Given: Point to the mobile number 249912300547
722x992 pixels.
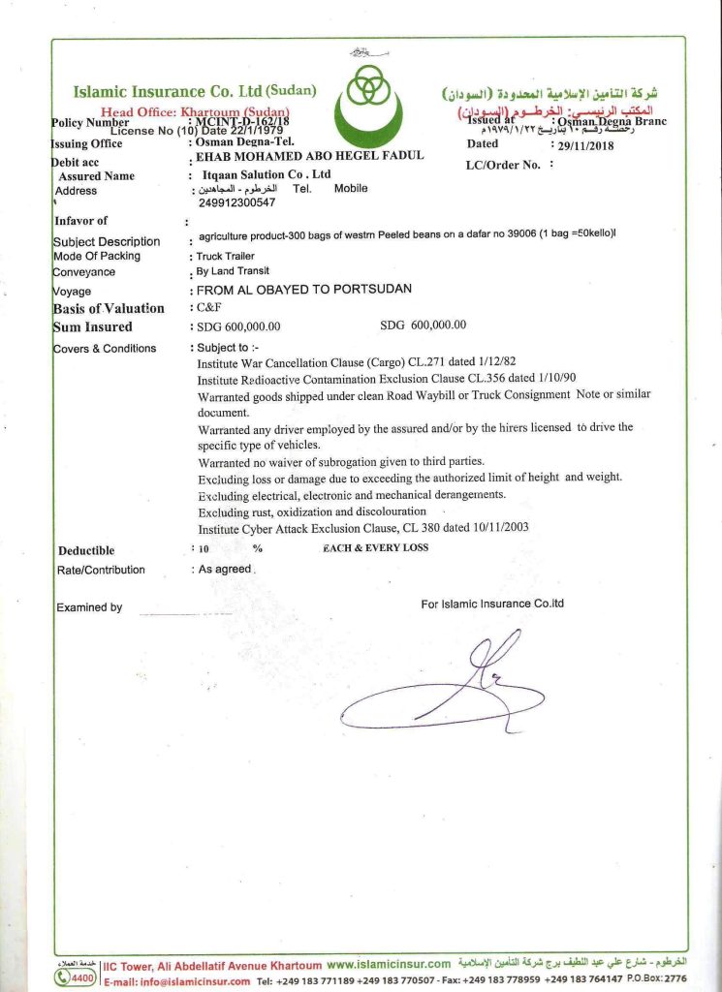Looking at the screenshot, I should [x=236, y=203].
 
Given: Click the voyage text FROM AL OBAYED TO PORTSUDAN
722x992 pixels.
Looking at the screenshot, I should [x=304, y=290].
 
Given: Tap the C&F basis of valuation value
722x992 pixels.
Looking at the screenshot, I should [x=208, y=307].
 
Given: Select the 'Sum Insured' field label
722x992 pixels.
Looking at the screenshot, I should [x=93, y=326].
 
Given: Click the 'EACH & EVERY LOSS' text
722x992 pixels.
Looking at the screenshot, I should [x=375, y=548].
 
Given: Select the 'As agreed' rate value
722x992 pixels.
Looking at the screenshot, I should [x=225, y=570].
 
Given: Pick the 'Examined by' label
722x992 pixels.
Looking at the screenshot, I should [x=89, y=607].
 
